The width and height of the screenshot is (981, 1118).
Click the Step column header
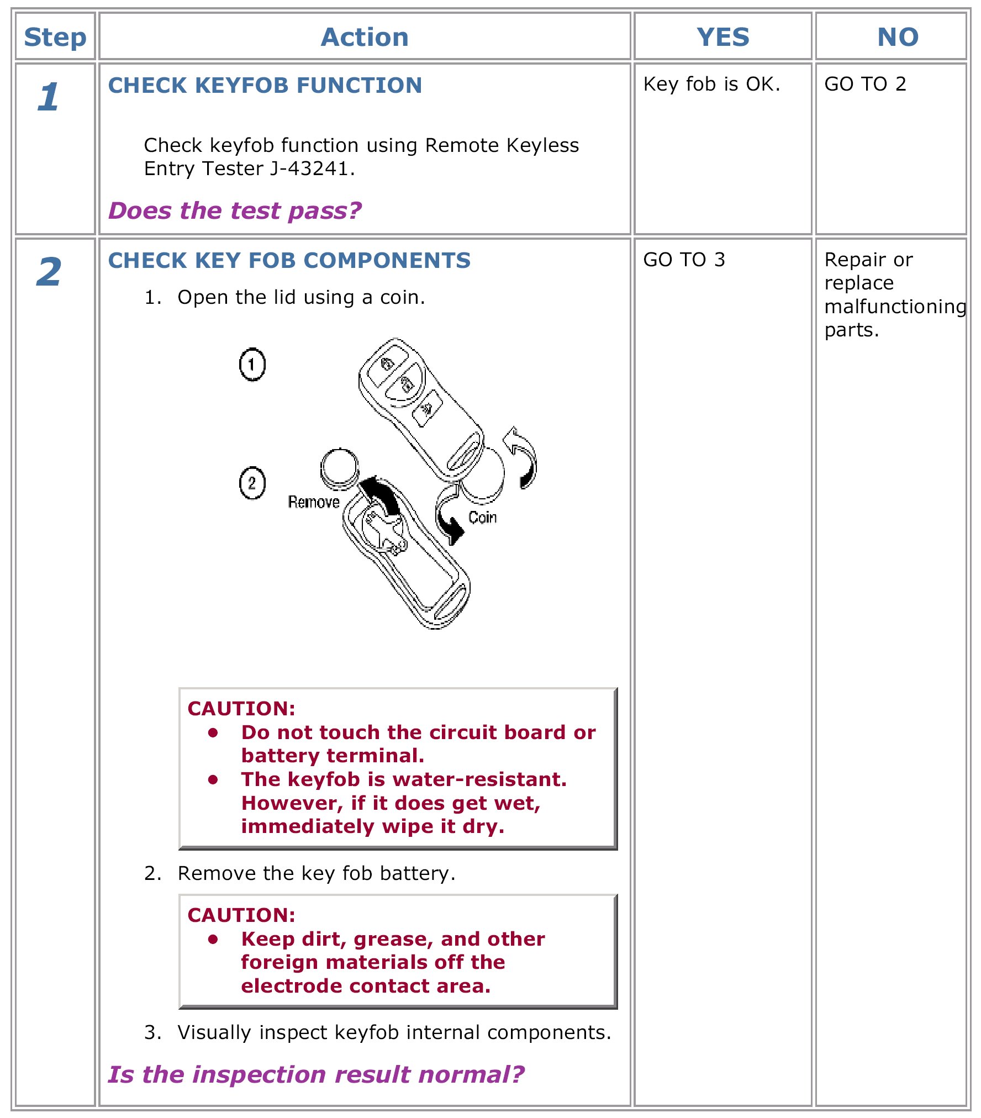[x=55, y=38]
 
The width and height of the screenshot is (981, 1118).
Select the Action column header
[x=365, y=38]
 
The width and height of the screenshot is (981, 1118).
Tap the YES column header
[x=722, y=38]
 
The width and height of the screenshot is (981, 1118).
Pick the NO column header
[x=898, y=38]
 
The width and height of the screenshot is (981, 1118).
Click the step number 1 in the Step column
[x=49, y=97]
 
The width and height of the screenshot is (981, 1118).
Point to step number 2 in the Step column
[x=49, y=272]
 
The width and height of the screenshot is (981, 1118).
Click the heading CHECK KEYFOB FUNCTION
[x=265, y=86]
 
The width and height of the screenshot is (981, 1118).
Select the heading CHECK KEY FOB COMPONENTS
[x=289, y=261]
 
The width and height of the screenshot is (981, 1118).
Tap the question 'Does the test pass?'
[x=235, y=211]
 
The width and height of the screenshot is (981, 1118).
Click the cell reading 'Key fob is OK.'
[x=711, y=84]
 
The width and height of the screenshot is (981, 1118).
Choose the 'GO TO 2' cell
[x=865, y=84]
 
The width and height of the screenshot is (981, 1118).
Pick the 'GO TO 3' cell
[x=684, y=260]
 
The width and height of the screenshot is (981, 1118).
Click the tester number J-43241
[x=312, y=168]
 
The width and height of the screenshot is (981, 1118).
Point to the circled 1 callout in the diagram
[x=252, y=365]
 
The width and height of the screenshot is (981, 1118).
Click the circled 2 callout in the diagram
[x=252, y=483]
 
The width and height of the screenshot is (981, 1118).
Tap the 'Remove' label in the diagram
[x=314, y=502]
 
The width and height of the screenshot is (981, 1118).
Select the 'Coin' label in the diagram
[x=482, y=518]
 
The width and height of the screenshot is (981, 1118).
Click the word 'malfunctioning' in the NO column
[x=895, y=307]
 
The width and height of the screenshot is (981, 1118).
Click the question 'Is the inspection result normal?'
[x=316, y=1074]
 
